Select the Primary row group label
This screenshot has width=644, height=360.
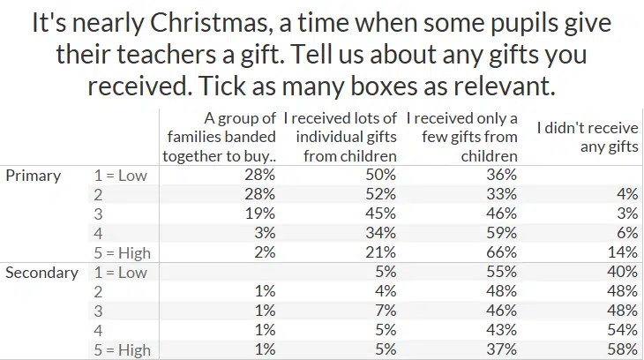33,175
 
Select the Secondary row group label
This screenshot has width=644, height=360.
41,272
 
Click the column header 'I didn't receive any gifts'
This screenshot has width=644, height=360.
588,137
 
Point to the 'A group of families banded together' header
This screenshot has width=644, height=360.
221,137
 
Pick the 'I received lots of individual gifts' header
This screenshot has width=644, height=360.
341,137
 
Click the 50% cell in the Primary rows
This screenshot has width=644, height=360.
381,175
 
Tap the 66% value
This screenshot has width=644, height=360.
502,252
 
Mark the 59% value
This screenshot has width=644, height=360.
502,233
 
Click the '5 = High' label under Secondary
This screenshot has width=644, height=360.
122,349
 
